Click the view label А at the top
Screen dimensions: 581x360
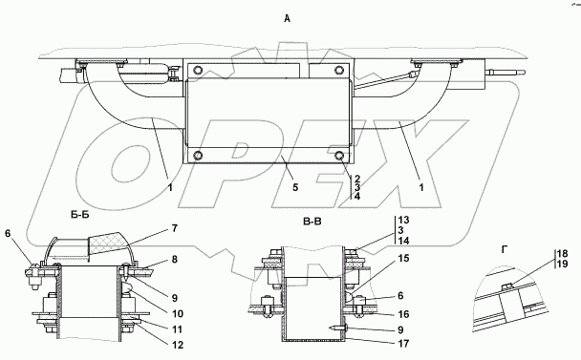(x=288, y=18)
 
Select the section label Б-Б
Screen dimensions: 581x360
(x=79, y=215)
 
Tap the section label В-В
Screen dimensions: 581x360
(x=312, y=222)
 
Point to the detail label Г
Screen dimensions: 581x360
(x=505, y=250)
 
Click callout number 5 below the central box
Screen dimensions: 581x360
(x=295, y=187)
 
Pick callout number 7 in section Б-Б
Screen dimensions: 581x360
(x=174, y=228)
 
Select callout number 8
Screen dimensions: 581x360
(x=174, y=260)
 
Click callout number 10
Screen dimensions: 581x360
(x=178, y=314)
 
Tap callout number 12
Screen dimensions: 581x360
(x=178, y=345)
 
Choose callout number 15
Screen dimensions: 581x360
(x=404, y=258)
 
